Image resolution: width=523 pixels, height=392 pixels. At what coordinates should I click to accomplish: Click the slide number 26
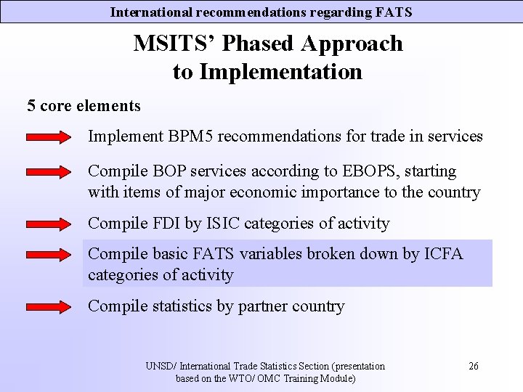click(x=473, y=366)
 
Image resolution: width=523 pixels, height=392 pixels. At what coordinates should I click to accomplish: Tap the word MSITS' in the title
click(x=175, y=44)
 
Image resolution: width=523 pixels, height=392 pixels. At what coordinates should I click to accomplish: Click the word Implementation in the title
click(x=280, y=72)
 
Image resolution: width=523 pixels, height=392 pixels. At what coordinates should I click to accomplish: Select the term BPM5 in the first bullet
click(x=195, y=136)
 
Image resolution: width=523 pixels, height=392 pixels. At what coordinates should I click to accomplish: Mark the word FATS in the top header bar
click(x=394, y=12)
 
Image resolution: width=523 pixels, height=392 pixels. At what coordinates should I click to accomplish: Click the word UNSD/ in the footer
click(x=161, y=366)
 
